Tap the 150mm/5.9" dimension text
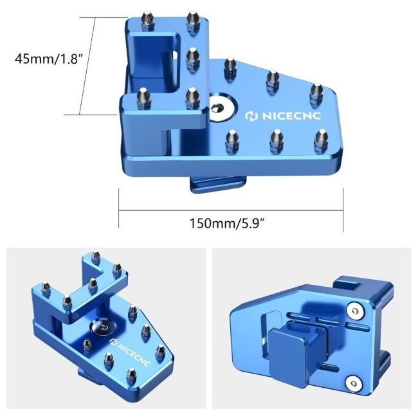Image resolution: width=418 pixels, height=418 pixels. click(228, 223)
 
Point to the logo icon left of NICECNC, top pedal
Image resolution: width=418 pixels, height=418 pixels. click(251, 116)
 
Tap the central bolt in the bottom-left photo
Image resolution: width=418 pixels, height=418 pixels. click(100, 328)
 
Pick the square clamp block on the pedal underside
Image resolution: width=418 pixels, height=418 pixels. click(290, 350)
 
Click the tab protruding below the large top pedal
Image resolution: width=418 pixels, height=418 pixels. click(215, 184)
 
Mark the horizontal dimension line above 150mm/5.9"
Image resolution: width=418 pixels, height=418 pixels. click(231, 208)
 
